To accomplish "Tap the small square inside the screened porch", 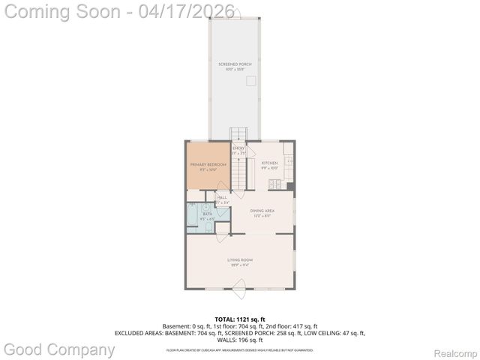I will (x=253, y=80).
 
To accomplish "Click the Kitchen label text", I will (x=269, y=163).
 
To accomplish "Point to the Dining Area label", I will (x=262, y=211).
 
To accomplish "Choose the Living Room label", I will (x=240, y=260).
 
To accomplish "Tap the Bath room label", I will (x=207, y=214).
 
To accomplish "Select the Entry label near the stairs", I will (x=238, y=148).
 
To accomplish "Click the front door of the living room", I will (x=240, y=286).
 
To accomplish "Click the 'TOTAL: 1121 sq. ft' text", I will (x=239, y=319).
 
